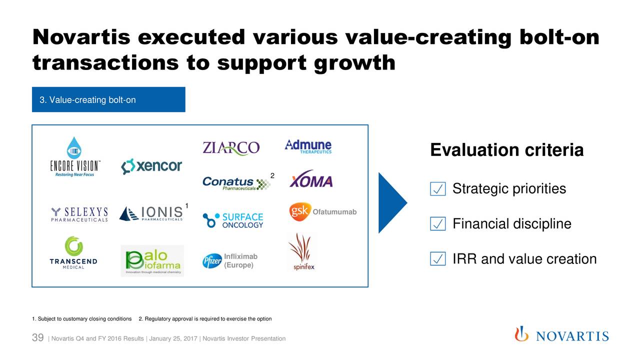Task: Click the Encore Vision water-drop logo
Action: tap(74, 147)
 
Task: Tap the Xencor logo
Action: tap(151, 166)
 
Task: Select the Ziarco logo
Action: tap(231, 148)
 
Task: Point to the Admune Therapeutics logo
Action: tap(308, 146)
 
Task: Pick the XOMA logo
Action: tap(311, 179)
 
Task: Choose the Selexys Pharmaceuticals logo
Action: tap(79, 214)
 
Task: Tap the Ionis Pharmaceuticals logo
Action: tap(151, 213)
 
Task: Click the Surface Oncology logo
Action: tap(233, 220)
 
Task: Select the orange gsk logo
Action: tap(299, 211)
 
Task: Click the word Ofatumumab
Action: tap(334, 212)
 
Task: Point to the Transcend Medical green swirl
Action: tap(73, 245)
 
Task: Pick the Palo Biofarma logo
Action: tap(152, 260)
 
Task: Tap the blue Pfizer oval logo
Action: tap(212, 261)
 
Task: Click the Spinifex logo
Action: tap(302, 251)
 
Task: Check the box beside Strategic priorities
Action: tap(437, 189)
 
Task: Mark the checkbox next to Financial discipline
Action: tap(437, 223)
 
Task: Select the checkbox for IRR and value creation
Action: tap(437, 259)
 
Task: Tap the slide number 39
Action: tap(37, 337)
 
